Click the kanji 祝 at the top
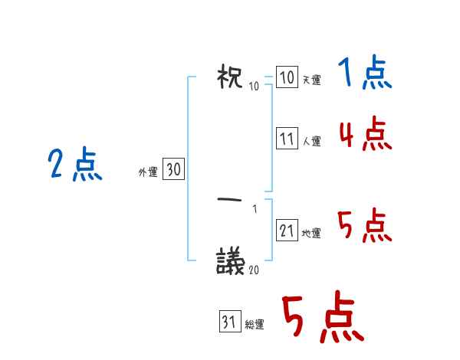(231, 77)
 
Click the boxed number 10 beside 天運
(287, 78)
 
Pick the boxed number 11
(287, 139)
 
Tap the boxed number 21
(287, 231)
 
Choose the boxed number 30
(173, 170)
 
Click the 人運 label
(311, 141)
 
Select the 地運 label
(311, 233)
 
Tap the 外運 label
(148, 172)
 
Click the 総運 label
(255, 325)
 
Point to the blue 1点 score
(364, 74)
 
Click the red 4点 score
(365, 135)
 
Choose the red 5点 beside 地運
(365, 227)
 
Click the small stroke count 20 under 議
(253, 270)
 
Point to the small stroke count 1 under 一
(255, 209)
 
